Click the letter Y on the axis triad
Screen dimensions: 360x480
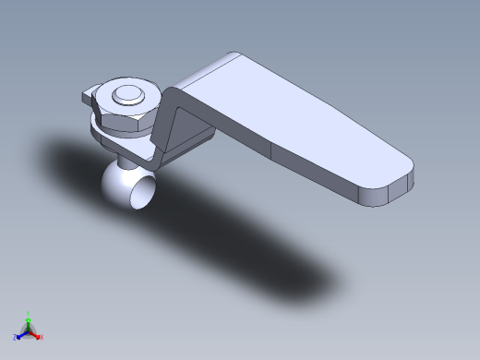(x=29, y=312)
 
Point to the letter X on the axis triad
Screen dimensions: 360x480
(x=42, y=337)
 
